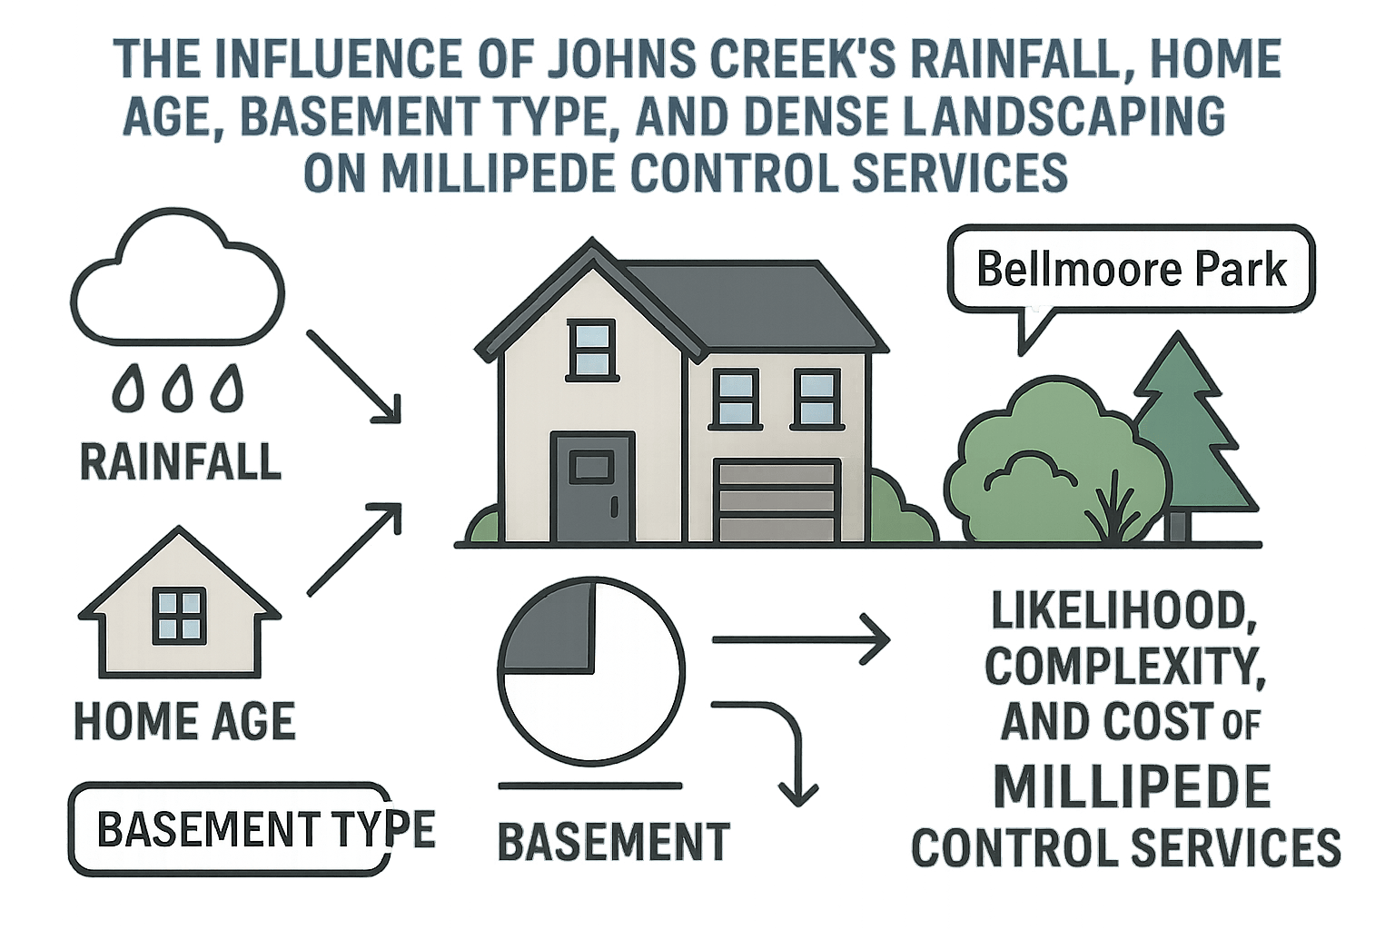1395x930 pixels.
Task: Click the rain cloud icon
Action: (177, 282)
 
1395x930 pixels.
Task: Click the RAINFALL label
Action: (181, 460)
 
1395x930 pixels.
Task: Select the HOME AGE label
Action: (185, 721)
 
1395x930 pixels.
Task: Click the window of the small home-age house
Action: (179, 615)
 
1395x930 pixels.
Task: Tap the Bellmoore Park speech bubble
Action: (1131, 270)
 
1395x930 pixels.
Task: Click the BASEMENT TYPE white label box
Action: (232, 828)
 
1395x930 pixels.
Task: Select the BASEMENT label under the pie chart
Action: (614, 842)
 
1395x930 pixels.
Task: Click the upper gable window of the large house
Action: (590, 349)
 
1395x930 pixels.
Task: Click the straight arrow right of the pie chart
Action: (800, 640)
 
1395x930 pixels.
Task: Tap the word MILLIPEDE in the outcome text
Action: (1131, 787)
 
